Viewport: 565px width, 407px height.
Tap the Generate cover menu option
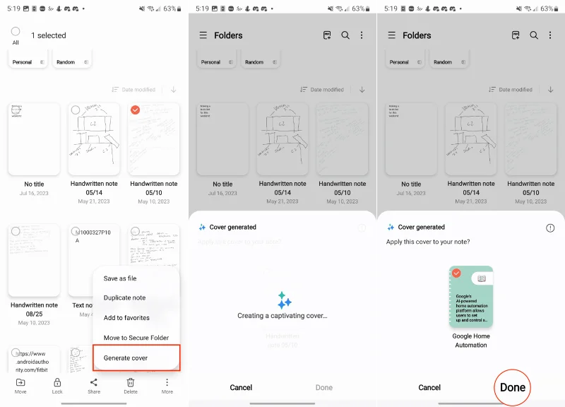(x=126, y=358)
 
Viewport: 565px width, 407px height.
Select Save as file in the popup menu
(x=120, y=278)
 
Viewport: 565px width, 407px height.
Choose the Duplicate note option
(x=124, y=298)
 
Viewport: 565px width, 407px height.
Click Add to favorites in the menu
(x=126, y=318)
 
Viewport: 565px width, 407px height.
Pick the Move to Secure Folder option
(x=136, y=338)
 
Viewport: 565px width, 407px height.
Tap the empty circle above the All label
(x=16, y=32)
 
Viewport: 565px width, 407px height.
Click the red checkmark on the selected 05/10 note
(x=136, y=110)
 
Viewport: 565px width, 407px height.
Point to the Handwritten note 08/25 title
(x=34, y=305)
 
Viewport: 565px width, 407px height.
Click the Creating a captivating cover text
(x=282, y=316)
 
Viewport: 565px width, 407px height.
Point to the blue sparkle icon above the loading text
(x=284, y=300)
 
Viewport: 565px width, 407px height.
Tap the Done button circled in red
(x=513, y=387)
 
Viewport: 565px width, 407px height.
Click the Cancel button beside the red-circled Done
(x=429, y=387)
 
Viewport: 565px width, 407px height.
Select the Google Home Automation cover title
(x=471, y=341)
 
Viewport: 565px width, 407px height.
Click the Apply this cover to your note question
(x=428, y=242)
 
